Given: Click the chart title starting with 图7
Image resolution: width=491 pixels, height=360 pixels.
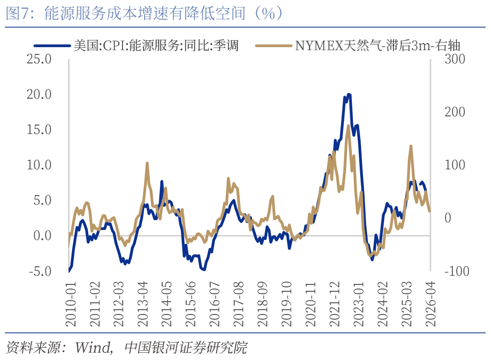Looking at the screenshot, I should tap(145, 13).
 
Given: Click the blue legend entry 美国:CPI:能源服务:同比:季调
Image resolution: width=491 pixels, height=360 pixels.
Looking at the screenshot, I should tap(156, 46).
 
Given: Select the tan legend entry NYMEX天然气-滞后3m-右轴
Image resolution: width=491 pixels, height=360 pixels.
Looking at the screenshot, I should tap(377, 46).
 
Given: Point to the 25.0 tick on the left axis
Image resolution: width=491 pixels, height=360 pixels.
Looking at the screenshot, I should tap(39, 59).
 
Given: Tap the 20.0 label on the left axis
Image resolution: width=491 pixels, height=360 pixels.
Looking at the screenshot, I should tap(39, 94).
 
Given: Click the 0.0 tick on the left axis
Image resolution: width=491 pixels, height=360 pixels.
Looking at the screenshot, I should tap(42, 236).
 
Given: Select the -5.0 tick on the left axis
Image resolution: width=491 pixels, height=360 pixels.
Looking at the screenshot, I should tap(40, 271).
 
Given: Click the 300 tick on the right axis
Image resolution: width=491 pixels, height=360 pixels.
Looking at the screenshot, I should tap(454, 59).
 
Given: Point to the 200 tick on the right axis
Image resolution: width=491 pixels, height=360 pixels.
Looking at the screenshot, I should tap(454, 112).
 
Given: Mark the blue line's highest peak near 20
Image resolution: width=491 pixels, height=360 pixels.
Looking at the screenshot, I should tap(348, 94).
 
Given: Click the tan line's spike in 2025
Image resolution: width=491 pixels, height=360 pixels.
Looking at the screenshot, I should tap(410, 146).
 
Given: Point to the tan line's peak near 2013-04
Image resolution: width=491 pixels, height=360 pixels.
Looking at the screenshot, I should tap(147, 163).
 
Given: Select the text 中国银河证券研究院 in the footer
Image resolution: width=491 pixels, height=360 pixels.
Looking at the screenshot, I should tap(186, 348).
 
